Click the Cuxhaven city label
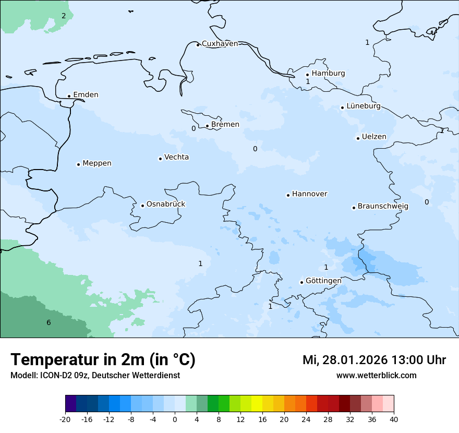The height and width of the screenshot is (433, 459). (x=220, y=44)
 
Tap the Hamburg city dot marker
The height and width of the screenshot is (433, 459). (x=308, y=75)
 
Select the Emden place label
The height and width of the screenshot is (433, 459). (x=86, y=95)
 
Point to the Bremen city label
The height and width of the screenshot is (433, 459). (x=225, y=125)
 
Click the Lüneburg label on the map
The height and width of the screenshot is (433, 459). (x=363, y=106)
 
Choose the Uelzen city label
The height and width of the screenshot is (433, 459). (x=374, y=137)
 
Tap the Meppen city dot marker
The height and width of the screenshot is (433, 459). (x=78, y=164)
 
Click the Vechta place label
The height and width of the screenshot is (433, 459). (x=176, y=158)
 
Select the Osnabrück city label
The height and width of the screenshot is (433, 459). (x=166, y=205)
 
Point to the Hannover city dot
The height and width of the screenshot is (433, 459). (x=288, y=195)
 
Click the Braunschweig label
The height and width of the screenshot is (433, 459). (x=383, y=207)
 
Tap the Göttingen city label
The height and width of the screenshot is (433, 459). (x=323, y=281)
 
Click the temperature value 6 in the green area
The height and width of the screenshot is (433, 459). (x=49, y=323)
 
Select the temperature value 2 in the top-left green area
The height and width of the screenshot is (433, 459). (x=64, y=16)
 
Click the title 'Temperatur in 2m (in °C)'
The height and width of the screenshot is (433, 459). (x=103, y=360)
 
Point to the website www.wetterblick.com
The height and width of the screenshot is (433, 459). (x=376, y=376)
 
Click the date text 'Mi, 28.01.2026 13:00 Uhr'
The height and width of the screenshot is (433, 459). (x=374, y=360)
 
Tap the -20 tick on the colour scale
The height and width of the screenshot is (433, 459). (x=65, y=419)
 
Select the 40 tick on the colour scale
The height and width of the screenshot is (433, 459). (x=394, y=419)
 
